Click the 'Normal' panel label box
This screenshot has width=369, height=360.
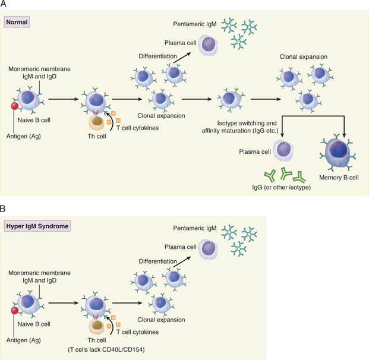[17, 23]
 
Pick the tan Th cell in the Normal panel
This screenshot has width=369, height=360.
[97, 122]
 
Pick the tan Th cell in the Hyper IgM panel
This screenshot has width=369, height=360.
[97, 326]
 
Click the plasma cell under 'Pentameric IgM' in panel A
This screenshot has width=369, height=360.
[209, 45]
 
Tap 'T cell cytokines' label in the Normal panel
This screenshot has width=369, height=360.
[140, 127]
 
